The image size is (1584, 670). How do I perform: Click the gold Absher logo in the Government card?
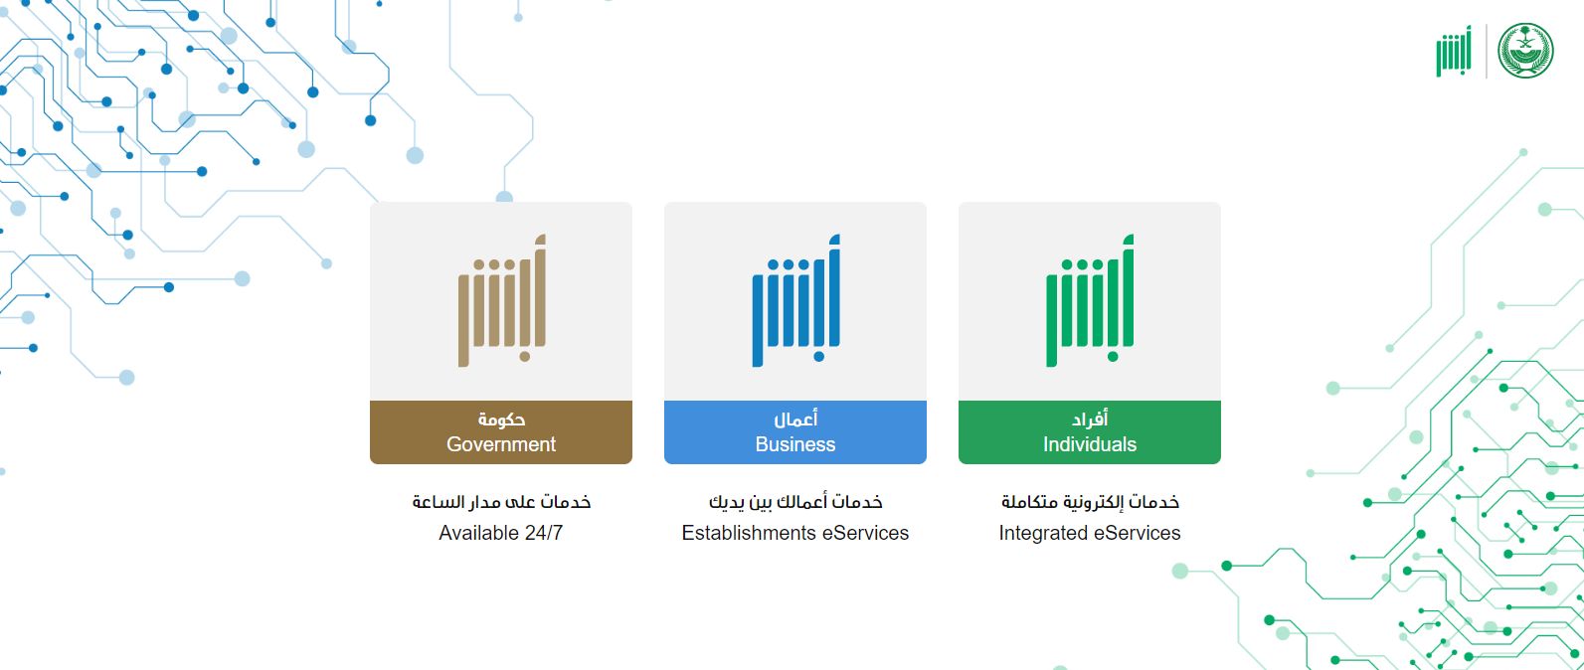(x=501, y=301)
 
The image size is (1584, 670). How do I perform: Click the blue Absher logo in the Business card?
(x=795, y=301)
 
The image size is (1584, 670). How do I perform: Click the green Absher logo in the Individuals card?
(x=1090, y=301)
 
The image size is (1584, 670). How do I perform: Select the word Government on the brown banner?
(x=501, y=444)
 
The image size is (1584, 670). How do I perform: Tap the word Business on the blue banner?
(x=795, y=444)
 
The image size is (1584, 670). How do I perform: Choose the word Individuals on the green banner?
(x=1090, y=444)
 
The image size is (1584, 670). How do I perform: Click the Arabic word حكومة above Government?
(x=501, y=419)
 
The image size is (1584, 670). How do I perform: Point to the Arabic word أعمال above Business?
(x=795, y=419)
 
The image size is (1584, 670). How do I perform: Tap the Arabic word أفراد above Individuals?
(x=1090, y=419)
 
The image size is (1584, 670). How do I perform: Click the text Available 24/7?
(x=501, y=533)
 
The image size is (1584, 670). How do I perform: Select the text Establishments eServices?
(x=795, y=533)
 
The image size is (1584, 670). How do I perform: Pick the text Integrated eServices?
(x=1090, y=533)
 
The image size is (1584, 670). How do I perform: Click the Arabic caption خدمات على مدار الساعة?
(x=501, y=502)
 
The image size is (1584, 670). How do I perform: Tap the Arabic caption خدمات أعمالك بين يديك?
(x=795, y=502)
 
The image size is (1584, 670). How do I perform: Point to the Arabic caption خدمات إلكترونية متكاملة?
(x=1090, y=502)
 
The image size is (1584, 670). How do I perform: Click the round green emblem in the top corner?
(x=1525, y=51)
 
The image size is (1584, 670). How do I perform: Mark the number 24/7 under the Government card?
(x=543, y=533)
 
